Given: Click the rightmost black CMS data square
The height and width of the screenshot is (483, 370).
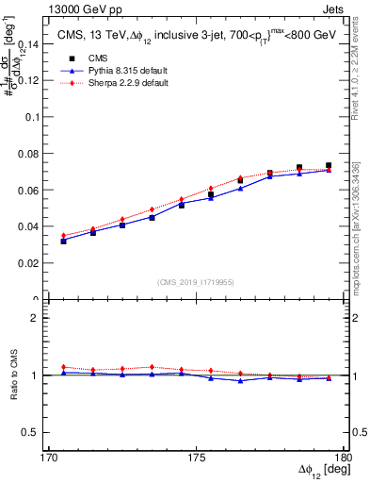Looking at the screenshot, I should click(x=329, y=166).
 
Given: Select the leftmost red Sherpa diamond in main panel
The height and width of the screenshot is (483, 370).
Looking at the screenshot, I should click(x=64, y=236).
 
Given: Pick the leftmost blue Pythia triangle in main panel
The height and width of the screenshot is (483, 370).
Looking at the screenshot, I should click(x=64, y=240).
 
